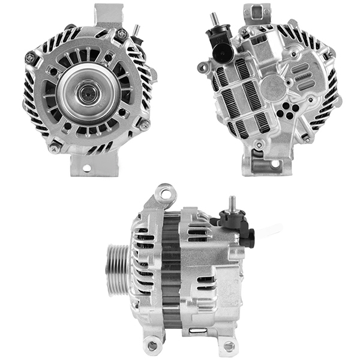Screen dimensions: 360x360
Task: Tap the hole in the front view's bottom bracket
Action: [x=85, y=168]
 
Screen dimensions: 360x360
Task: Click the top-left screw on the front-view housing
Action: [x=30, y=58]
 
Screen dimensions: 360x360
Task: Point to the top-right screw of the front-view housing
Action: [x=122, y=34]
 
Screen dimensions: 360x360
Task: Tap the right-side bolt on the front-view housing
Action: [x=144, y=125]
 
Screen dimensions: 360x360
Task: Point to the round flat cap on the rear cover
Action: [x=272, y=88]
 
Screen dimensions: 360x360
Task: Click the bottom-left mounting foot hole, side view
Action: [x=152, y=344]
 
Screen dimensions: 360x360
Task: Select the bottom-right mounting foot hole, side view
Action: [x=228, y=346]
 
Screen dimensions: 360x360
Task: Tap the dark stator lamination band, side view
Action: [x=171, y=270]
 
